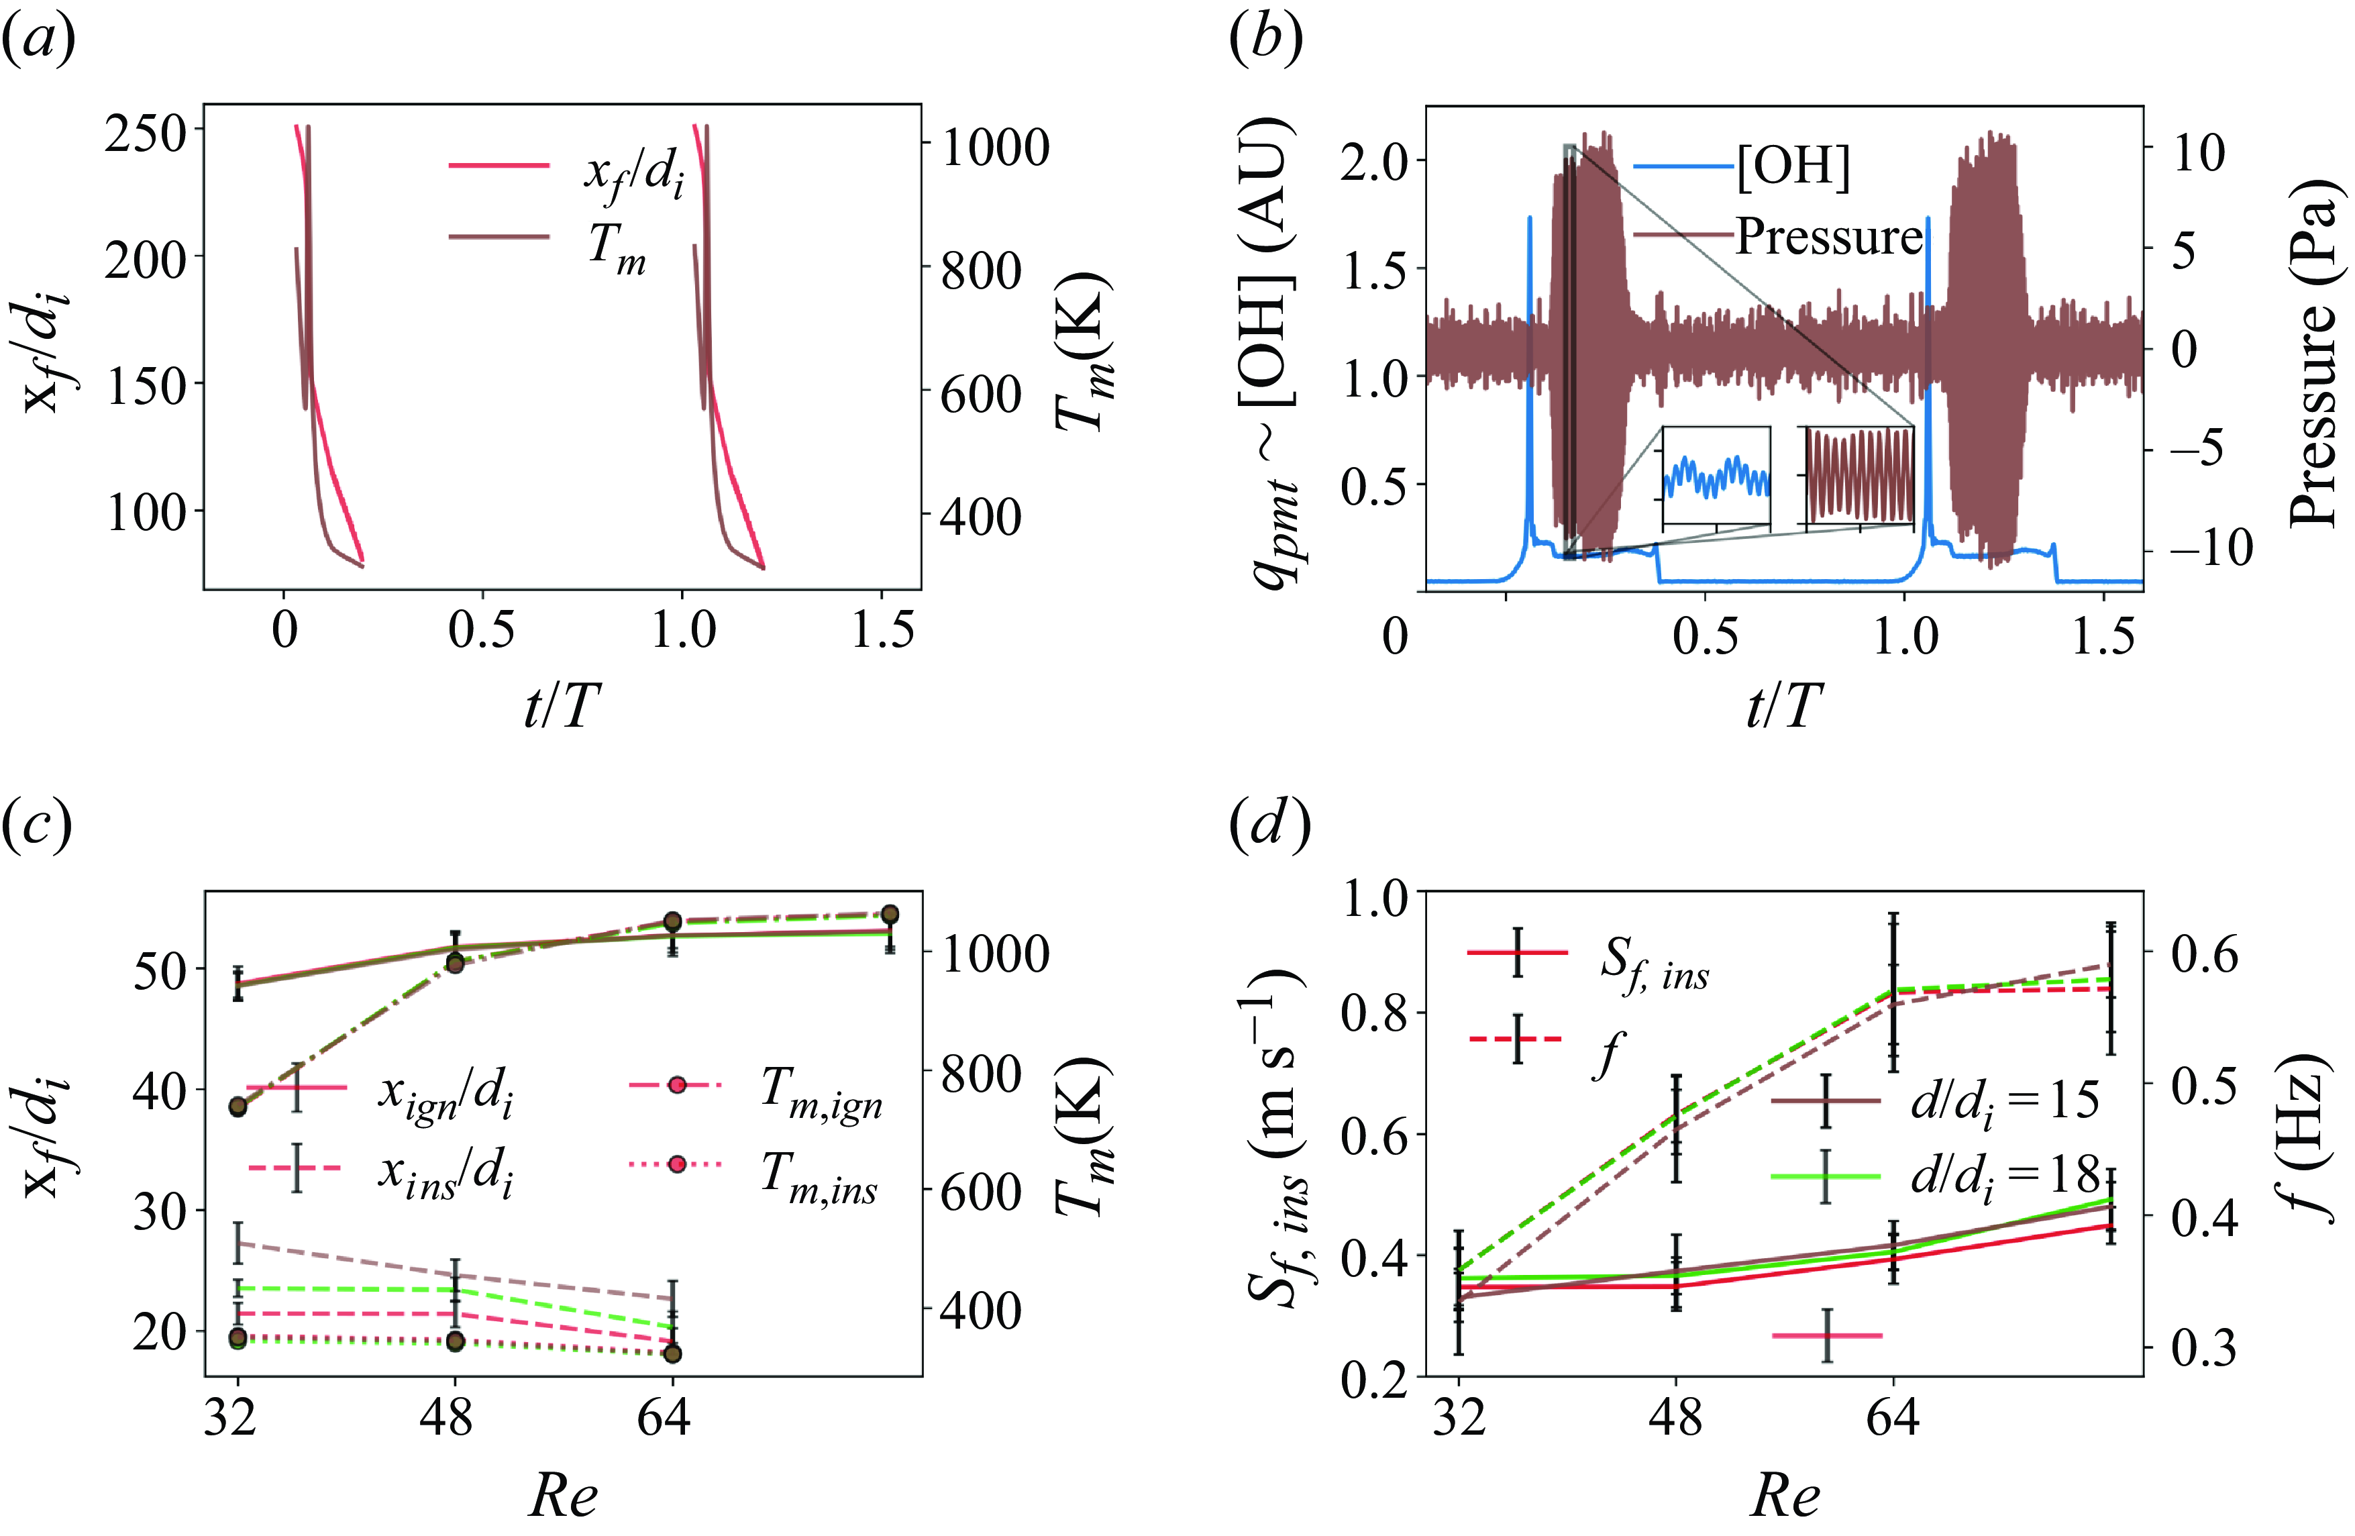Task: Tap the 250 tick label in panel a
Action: click(x=146, y=133)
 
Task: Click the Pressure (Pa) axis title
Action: click(x=2315, y=352)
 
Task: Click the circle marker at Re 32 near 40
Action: click(x=238, y=1107)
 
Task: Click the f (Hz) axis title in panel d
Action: click(x=2315, y=1138)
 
